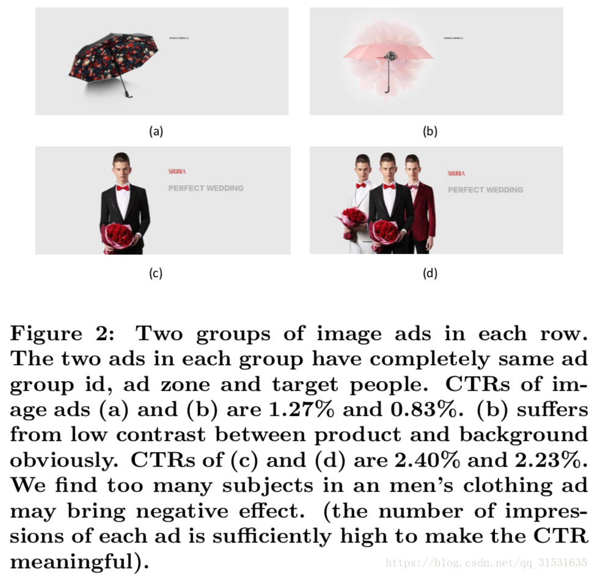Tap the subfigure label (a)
point(156,130)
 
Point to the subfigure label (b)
point(430,130)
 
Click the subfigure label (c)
point(156,273)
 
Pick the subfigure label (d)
point(430,273)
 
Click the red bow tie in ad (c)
point(122,187)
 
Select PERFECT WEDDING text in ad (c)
point(206,188)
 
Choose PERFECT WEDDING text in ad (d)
point(485,190)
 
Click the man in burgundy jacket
point(420,208)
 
